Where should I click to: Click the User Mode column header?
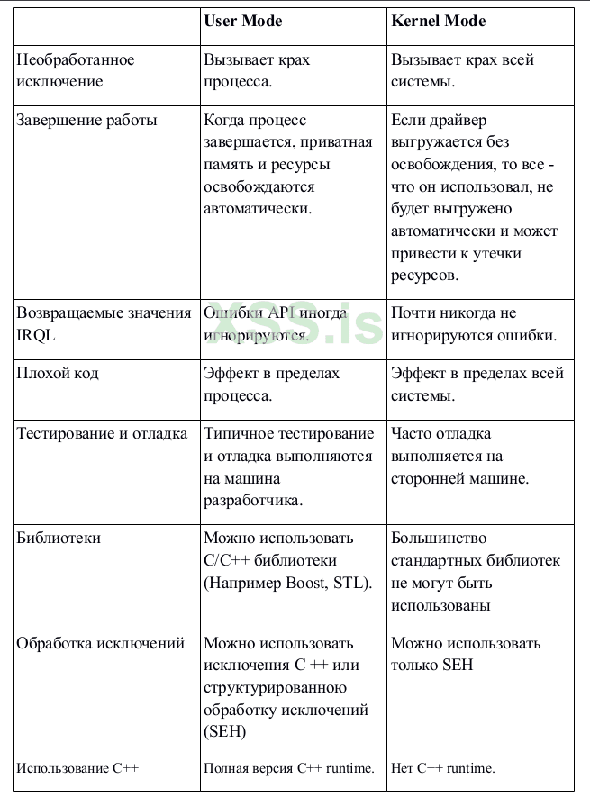tap(242, 21)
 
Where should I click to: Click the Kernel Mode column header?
tap(439, 21)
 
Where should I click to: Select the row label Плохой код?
tap(58, 374)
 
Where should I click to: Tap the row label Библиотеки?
tap(59, 539)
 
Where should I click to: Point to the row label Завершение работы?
tap(87, 121)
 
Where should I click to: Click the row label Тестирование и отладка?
tap(103, 434)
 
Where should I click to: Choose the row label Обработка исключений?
tap(101, 644)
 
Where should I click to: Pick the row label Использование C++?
tap(78, 768)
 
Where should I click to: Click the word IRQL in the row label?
tap(37, 336)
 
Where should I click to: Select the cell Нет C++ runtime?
tap(443, 768)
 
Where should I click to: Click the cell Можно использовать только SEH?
tap(466, 655)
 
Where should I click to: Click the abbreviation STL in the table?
tap(350, 583)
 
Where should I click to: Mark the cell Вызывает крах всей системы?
tap(462, 71)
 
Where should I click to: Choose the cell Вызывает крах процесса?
tap(257, 71)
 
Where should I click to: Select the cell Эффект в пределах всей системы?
tap(477, 385)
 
